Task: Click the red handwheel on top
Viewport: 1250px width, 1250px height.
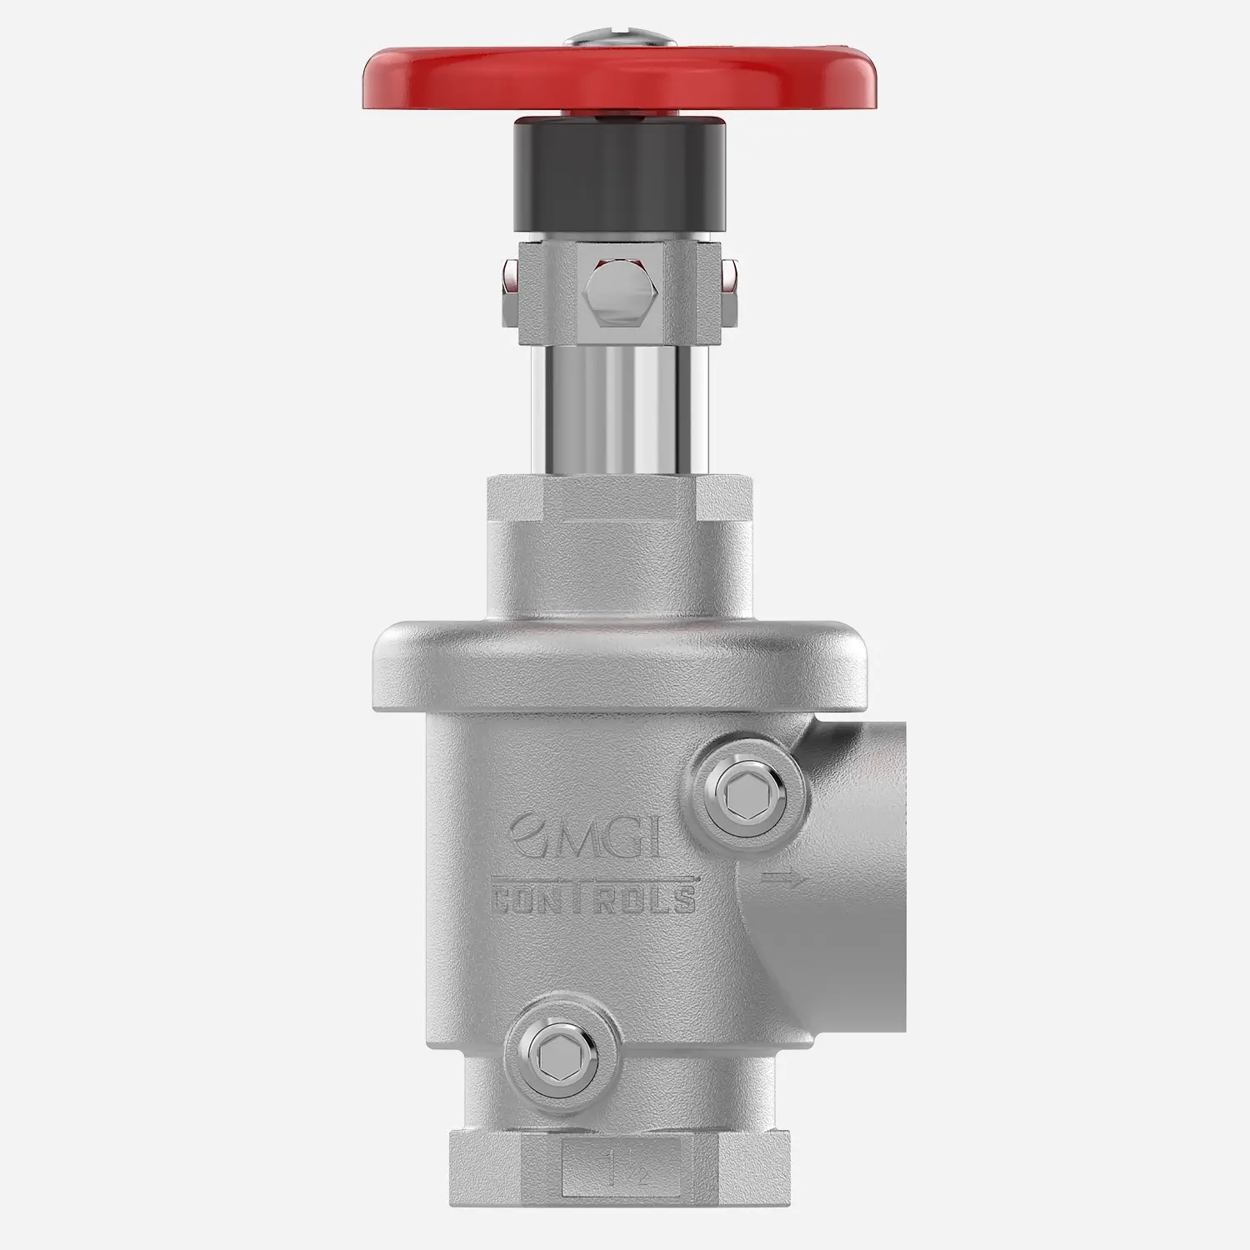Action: click(467, 79)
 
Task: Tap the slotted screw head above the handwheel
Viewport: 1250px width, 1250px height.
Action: click(618, 38)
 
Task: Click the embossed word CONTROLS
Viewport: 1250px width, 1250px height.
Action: click(592, 901)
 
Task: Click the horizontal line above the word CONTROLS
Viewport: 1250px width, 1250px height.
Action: click(592, 878)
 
